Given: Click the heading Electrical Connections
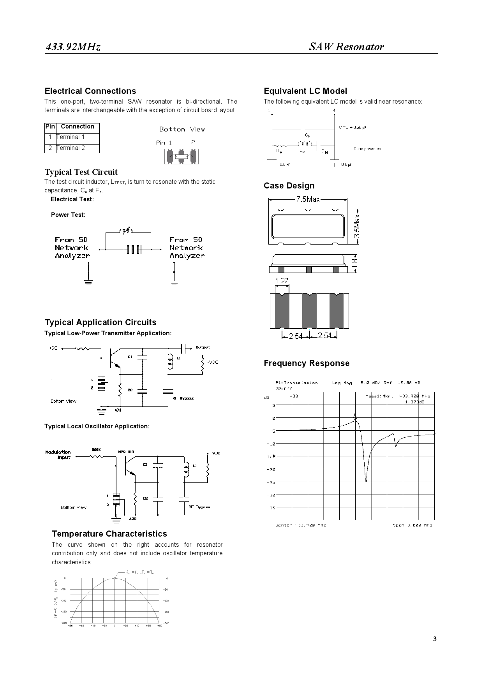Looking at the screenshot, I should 90,91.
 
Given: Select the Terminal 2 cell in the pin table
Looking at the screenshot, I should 71,148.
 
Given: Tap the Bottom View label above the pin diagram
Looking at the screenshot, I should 182,129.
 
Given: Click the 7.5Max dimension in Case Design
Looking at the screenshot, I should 308,199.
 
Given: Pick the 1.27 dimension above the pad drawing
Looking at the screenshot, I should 281,281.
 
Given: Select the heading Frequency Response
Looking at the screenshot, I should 307,363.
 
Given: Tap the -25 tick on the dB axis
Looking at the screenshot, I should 271,482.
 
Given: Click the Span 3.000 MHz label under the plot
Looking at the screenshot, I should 412,525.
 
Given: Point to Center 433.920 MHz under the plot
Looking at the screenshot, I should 301,525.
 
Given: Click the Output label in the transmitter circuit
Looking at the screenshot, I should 203,347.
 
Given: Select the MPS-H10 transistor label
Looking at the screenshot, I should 126,452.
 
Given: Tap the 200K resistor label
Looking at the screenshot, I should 96,449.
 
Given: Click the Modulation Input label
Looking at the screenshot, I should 58,454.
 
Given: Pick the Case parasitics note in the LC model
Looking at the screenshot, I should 367,149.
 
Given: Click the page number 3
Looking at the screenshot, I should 435,639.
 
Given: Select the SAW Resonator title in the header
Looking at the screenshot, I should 346,47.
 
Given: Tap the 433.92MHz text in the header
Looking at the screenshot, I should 73,47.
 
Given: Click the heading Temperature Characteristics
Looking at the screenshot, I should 109,534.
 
